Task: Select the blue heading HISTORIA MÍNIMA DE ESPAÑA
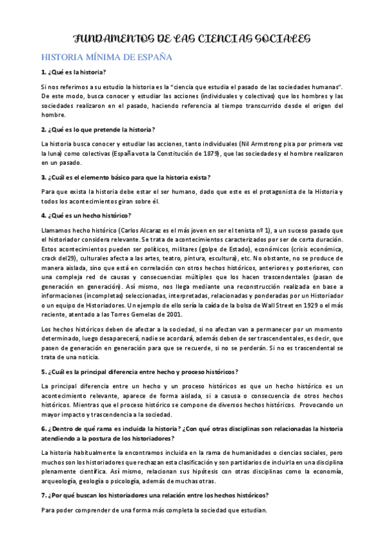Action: pos(107,58)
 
